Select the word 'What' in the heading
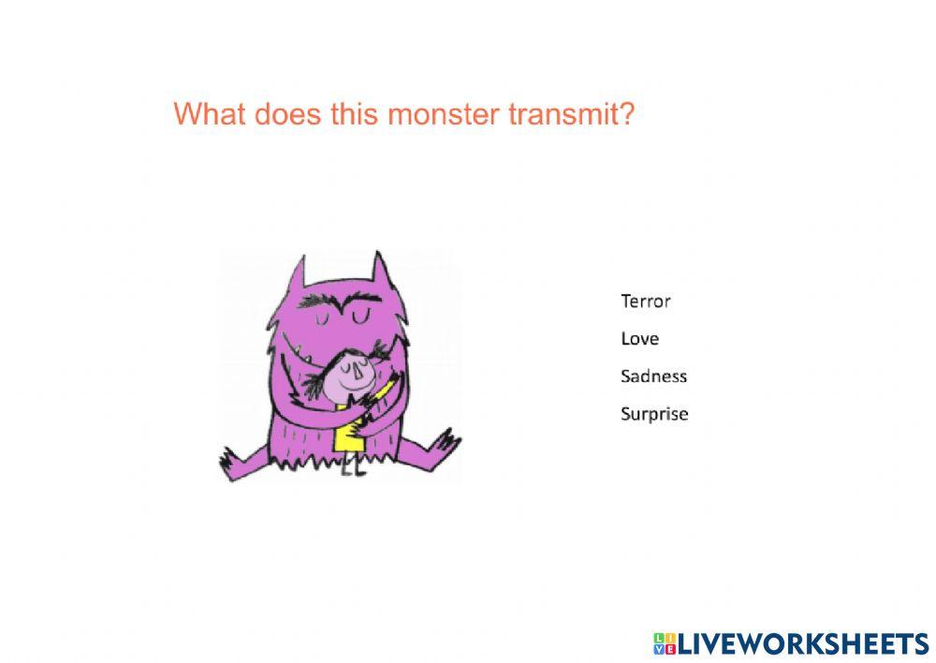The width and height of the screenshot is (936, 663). pyautogui.click(x=205, y=114)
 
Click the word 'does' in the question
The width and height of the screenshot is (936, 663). pyautogui.click(x=278, y=114)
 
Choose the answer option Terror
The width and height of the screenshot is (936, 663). pyautogui.click(x=646, y=302)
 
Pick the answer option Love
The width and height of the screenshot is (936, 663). pyautogui.click(x=639, y=339)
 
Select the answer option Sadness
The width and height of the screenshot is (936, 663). pyautogui.click(x=653, y=376)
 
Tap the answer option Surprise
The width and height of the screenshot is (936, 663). pyautogui.click(x=654, y=414)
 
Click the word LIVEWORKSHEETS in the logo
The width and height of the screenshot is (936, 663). pyautogui.click(x=803, y=642)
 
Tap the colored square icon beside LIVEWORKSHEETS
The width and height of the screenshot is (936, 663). pyautogui.click(x=664, y=642)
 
